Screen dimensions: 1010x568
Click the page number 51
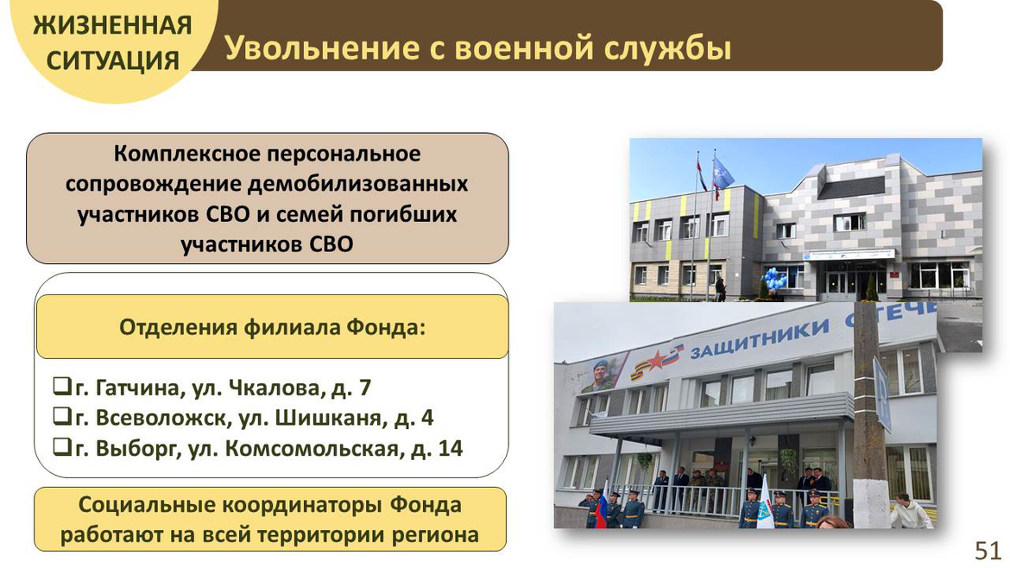point(988,552)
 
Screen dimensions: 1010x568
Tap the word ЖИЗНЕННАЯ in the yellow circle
point(113,26)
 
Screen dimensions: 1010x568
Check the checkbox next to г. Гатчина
point(61,386)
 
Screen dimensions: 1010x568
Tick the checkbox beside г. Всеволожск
point(61,416)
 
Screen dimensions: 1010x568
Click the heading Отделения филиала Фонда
point(273,327)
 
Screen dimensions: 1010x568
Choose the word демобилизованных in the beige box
point(357,184)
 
